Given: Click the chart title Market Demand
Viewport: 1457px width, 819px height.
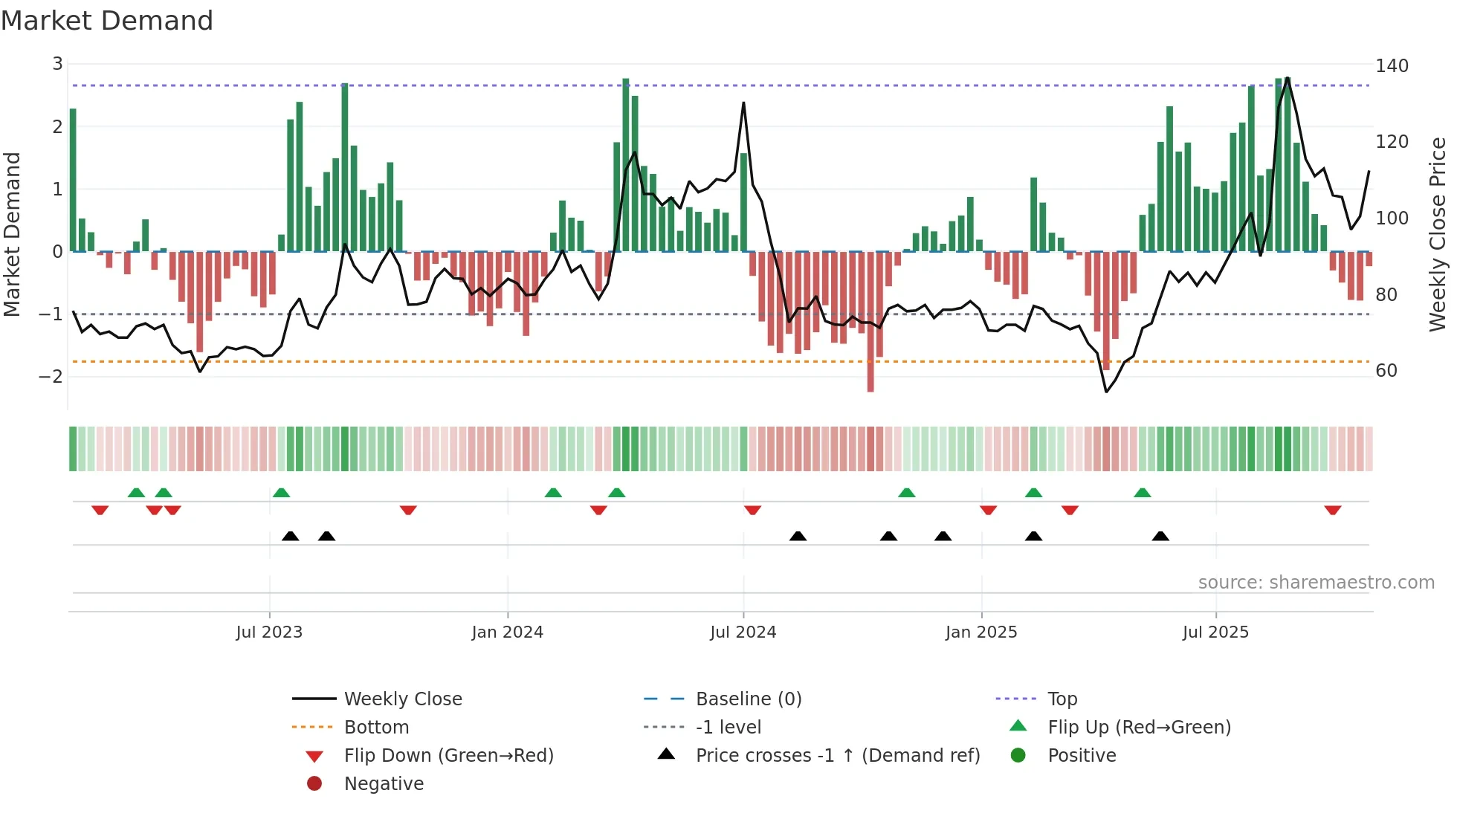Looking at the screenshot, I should click(107, 21).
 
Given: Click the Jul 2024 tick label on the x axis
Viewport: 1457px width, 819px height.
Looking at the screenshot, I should click(743, 632).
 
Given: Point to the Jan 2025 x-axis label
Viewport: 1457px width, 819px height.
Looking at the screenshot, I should click(981, 632).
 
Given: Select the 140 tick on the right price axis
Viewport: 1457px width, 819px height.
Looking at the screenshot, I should click(1392, 66).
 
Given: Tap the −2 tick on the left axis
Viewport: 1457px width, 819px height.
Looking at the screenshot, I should click(51, 376).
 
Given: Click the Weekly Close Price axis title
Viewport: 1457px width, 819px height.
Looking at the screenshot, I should click(1438, 234).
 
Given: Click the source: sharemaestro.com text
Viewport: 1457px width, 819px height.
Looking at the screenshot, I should click(1316, 583).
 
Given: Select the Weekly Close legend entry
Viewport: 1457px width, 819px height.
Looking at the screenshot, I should click(402, 699).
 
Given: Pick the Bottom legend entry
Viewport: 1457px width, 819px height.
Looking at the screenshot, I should click(376, 728).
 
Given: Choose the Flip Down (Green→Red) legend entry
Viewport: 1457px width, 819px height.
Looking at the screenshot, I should click(448, 756).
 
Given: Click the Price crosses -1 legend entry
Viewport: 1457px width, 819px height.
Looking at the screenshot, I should click(837, 756).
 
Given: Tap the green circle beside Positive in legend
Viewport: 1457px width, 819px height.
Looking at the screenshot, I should click(1018, 756).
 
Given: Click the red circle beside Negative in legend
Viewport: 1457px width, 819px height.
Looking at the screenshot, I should click(314, 784).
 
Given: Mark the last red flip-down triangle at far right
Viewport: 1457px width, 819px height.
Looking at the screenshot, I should click(1332, 510).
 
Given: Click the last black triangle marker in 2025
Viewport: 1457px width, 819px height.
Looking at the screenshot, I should click(1160, 536).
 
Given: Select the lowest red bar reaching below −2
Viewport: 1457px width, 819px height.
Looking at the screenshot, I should click(870, 372).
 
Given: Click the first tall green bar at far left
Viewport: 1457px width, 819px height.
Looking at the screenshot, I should click(73, 178).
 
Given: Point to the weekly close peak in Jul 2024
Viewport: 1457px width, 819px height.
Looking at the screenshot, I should click(743, 103).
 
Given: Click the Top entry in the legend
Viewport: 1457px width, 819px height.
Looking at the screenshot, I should click(1062, 699).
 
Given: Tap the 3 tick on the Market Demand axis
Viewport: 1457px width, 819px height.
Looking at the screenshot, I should click(57, 64).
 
